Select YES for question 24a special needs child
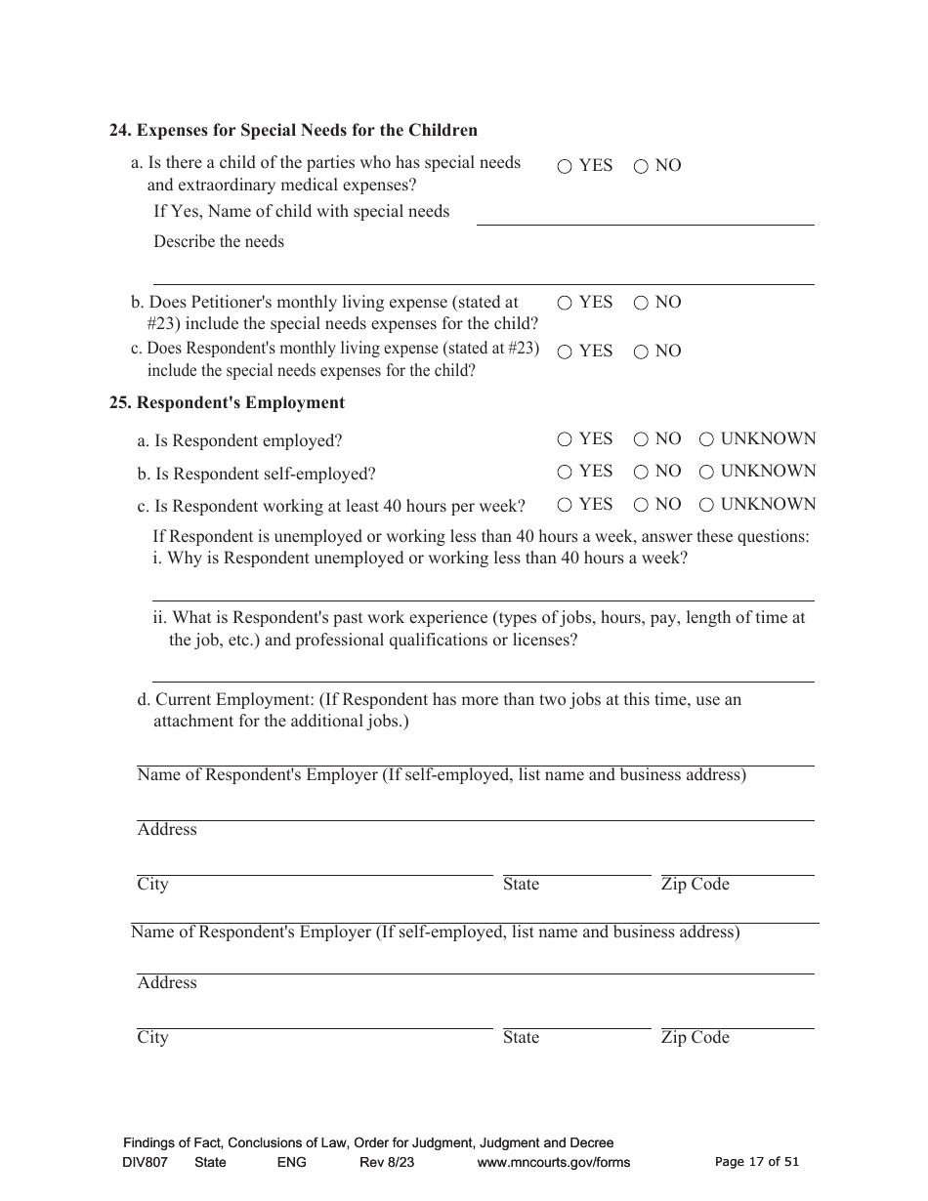point(565,167)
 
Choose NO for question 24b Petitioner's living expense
point(641,304)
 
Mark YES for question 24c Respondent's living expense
point(565,352)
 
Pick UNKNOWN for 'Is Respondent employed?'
point(706,440)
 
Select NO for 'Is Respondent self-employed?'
point(641,473)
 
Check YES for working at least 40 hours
point(565,506)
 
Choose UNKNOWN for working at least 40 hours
point(706,506)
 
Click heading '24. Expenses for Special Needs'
point(293,130)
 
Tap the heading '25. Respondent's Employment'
point(227,402)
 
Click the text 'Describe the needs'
point(219,241)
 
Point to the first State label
point(521,885)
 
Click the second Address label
point(167,983)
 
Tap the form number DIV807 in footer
point(145,1162)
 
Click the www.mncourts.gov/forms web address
point(553,1162)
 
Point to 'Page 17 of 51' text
point(757,1162)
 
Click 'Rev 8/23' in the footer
point(387,1162)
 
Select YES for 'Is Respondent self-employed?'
point(565,473)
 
